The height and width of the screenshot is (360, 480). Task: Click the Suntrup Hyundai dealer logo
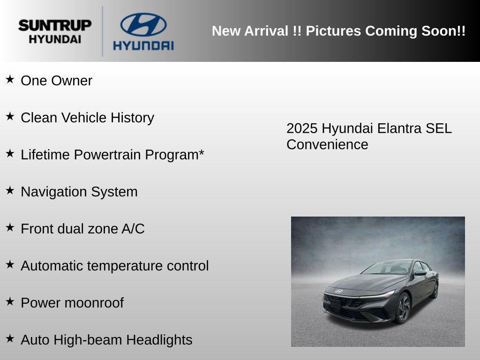55,31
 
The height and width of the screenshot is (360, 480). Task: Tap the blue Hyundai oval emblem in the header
143,25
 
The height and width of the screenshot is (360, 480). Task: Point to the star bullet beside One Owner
10,79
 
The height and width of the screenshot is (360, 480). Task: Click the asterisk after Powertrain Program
201,153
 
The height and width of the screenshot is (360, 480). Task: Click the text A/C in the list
133,229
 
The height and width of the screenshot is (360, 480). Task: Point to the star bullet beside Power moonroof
10,301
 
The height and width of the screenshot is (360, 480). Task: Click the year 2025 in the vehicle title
302,128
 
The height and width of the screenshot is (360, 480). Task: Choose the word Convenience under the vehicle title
327,144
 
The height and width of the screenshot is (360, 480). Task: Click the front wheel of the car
403,308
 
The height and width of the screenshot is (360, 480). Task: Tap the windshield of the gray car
387,268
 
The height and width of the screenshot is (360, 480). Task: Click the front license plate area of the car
336,304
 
